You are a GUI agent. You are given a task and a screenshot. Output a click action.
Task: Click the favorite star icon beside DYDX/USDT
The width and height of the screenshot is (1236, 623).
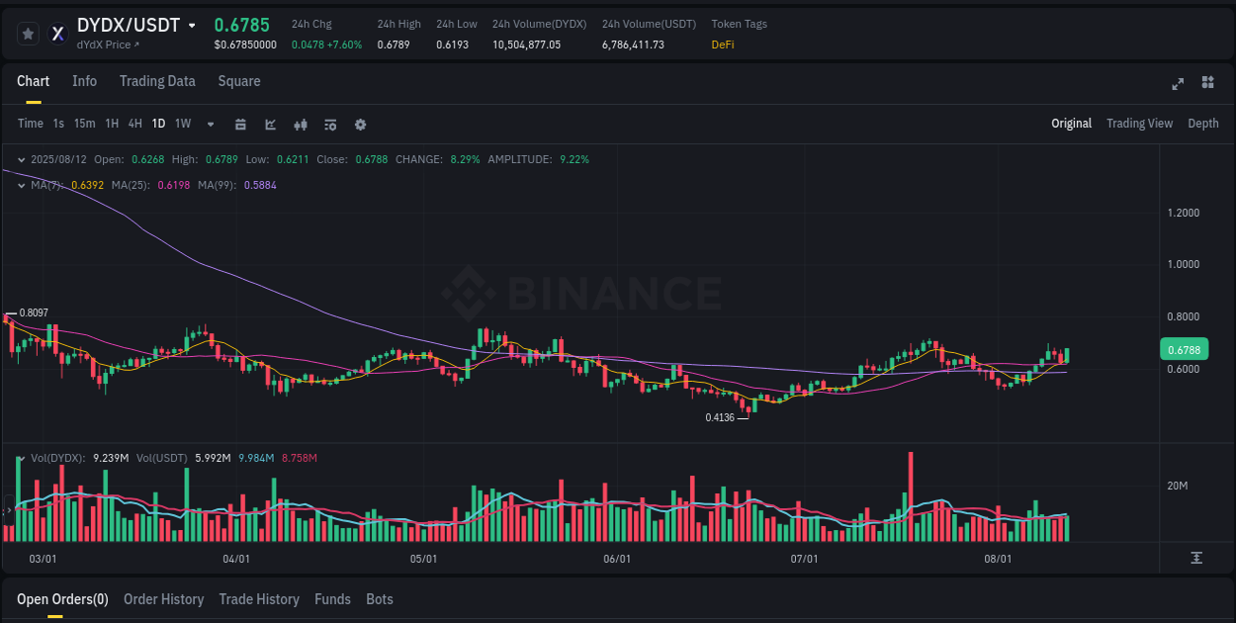point(29,34)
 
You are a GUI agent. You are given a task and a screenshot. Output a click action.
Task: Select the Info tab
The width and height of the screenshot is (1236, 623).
point(84,81)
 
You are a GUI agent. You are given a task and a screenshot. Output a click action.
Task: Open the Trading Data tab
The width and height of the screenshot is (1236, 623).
point(157,81)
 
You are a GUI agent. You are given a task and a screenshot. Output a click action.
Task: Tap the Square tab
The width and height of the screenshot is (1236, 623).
point(239,81)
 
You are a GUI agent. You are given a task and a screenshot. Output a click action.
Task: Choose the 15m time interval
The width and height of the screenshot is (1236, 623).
point(84,124)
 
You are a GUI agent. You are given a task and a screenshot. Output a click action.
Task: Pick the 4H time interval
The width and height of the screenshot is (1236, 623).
point(135,124)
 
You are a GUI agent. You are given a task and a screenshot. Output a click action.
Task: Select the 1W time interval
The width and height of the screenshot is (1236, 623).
point(183,124)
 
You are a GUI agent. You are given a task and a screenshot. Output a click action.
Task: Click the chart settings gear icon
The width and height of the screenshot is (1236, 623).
point(360,125)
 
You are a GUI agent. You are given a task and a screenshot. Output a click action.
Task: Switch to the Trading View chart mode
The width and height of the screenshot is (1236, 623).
point(1139,124)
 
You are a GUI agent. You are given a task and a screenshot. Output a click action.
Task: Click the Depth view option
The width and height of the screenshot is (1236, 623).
point(1202,124)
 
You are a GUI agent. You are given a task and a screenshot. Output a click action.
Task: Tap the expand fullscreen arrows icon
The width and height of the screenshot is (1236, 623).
point(1178,83)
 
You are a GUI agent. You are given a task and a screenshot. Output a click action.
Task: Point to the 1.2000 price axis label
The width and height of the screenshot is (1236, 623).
point(1184,213)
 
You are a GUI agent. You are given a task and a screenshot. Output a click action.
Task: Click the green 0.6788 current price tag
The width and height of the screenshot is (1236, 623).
point(1184,349)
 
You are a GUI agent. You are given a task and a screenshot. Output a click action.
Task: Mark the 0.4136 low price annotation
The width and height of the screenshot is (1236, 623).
point(720,417)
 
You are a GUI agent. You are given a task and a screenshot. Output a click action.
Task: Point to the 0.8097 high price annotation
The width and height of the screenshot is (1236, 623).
point(34,312)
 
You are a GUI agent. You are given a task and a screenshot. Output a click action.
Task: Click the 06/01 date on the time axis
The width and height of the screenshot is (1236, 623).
point(616,559)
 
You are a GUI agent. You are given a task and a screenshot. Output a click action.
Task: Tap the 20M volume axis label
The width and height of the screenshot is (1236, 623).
point(1177,486)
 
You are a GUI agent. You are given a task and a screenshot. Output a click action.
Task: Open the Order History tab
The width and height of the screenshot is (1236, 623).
point(163,599)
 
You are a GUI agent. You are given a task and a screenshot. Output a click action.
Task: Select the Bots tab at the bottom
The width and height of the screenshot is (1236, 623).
point(379,599)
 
